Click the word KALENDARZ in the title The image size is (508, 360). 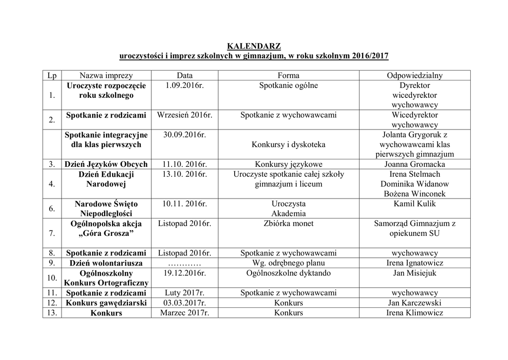pos(254,46)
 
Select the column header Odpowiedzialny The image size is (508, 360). pos(415,75)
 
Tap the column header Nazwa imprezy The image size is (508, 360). pos(106,75)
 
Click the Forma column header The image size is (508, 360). pos(288,75)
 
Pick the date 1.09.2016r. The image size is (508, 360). pos(185,85)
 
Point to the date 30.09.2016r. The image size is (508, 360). pos(185,135)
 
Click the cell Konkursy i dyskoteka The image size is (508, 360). pos(288,144)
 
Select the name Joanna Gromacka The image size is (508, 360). pos(415,164)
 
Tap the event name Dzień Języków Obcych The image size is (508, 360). pos(106,164)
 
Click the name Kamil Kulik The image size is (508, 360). pos(415,204)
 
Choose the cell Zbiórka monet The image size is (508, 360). pos(288,223)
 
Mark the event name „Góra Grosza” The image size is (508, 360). pos(106,233)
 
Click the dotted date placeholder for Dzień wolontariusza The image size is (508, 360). pos(185,263)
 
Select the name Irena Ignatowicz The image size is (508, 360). pos(415,263)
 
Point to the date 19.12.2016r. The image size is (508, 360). pos(185,273)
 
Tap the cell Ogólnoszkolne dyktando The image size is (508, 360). pos(288,273)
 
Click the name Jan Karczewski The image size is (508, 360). pos(415,303)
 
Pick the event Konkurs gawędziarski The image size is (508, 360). pos(106,303)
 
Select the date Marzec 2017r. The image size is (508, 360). pos(185,313)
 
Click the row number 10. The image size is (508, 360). pos(52,278)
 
